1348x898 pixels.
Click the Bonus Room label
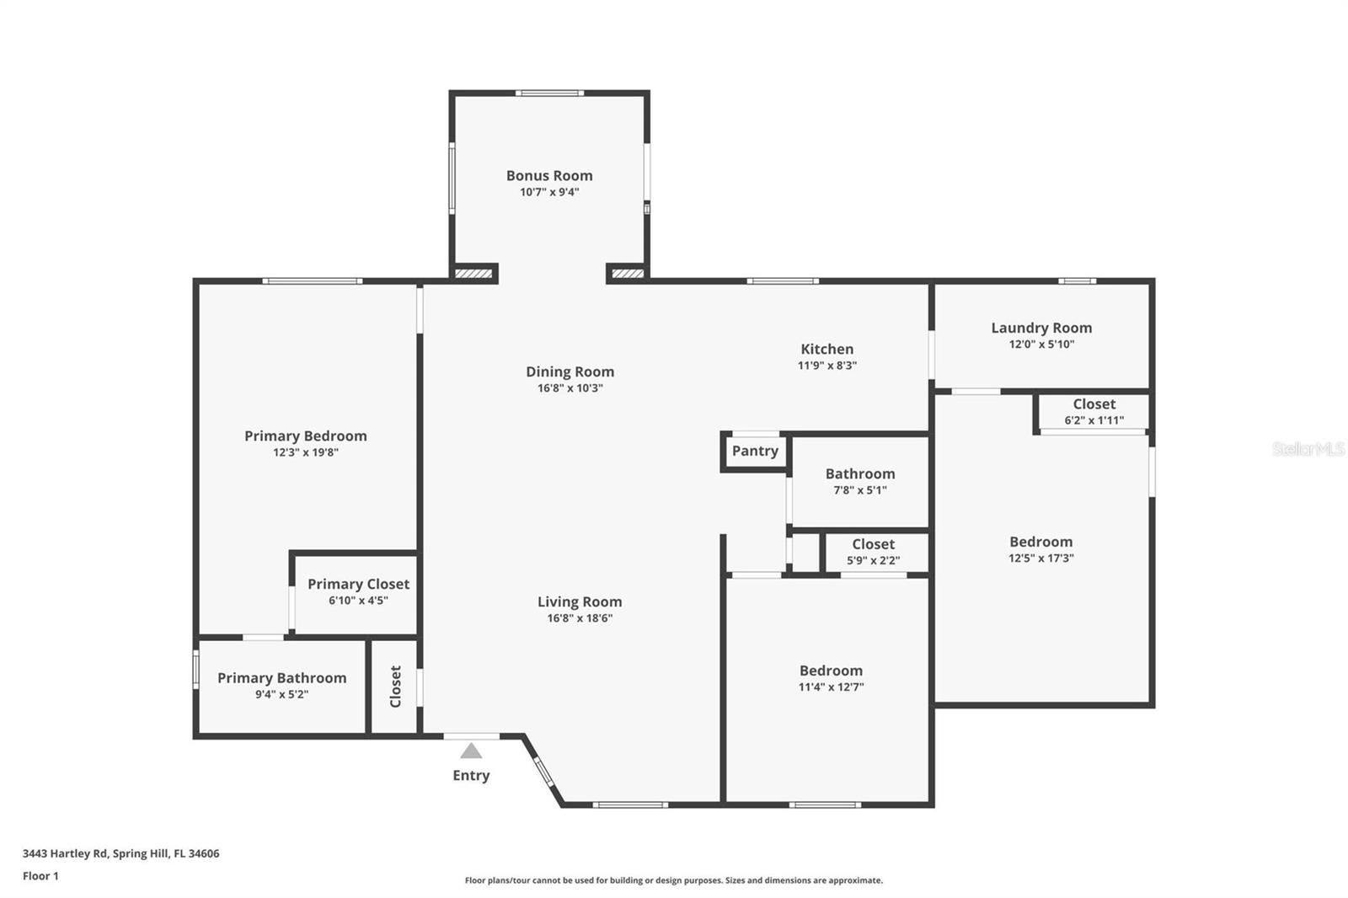548,176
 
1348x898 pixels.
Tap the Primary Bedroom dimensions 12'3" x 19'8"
306,452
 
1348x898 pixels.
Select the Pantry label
755,451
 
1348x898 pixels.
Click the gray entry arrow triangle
471,751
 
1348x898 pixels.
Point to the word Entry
471,775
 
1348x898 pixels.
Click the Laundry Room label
1041,328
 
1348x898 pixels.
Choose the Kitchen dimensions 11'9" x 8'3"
826,366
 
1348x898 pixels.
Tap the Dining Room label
570,372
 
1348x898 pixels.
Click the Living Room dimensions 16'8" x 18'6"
580,618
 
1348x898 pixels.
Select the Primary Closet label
358,584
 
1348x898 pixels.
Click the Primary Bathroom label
281,678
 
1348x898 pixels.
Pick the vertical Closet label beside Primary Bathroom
395,687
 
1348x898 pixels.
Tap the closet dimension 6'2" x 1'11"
1094,420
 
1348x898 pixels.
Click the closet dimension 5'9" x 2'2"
873,560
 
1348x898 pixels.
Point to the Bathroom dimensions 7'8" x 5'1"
860,490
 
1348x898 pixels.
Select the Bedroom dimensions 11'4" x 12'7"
831,687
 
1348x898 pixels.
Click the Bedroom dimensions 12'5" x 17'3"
1041,558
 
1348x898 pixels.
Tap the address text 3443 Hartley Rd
65,853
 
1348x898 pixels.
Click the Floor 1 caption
41,876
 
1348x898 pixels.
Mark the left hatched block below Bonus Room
473,274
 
